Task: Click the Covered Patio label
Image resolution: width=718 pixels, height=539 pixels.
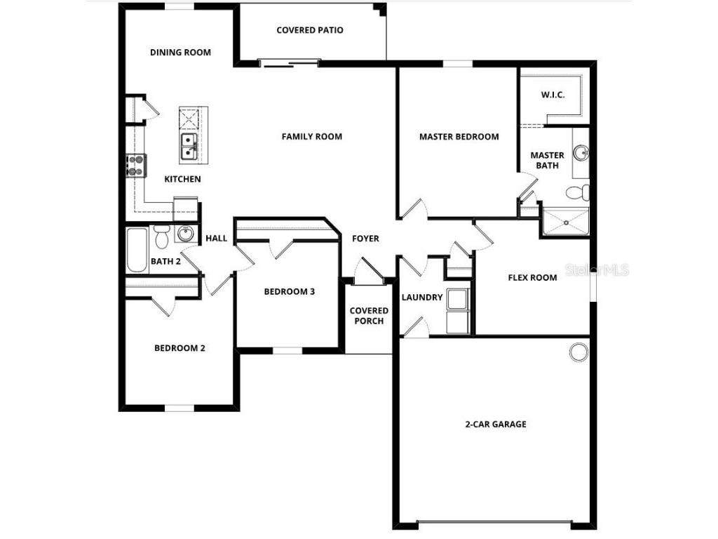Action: (310, 30)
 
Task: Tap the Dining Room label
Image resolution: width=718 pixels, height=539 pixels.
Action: (180, 53)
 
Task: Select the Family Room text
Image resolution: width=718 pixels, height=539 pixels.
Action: (312, 137)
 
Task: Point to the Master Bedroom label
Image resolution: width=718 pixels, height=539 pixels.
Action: (459, 137)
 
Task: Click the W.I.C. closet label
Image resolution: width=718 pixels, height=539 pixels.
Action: (553, 95)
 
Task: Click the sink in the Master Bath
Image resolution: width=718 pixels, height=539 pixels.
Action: (581, 152)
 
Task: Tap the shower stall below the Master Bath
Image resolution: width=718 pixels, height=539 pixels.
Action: (565, 222)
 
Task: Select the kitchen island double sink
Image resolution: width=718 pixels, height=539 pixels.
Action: (189, 146)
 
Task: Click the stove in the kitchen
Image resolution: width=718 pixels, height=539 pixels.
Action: (135, 166)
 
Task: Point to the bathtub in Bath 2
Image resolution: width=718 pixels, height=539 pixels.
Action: (137, 250)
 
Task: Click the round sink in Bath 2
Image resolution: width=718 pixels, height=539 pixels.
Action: (185, 234)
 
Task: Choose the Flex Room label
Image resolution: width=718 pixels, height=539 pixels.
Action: (532, 277)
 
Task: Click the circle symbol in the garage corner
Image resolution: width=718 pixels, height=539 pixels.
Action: (578, 352)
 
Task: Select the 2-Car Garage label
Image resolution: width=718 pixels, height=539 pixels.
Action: (495, 425)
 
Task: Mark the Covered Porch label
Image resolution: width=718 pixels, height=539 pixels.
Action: (369, 316)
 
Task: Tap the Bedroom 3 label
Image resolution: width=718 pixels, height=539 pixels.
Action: (289, 292)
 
